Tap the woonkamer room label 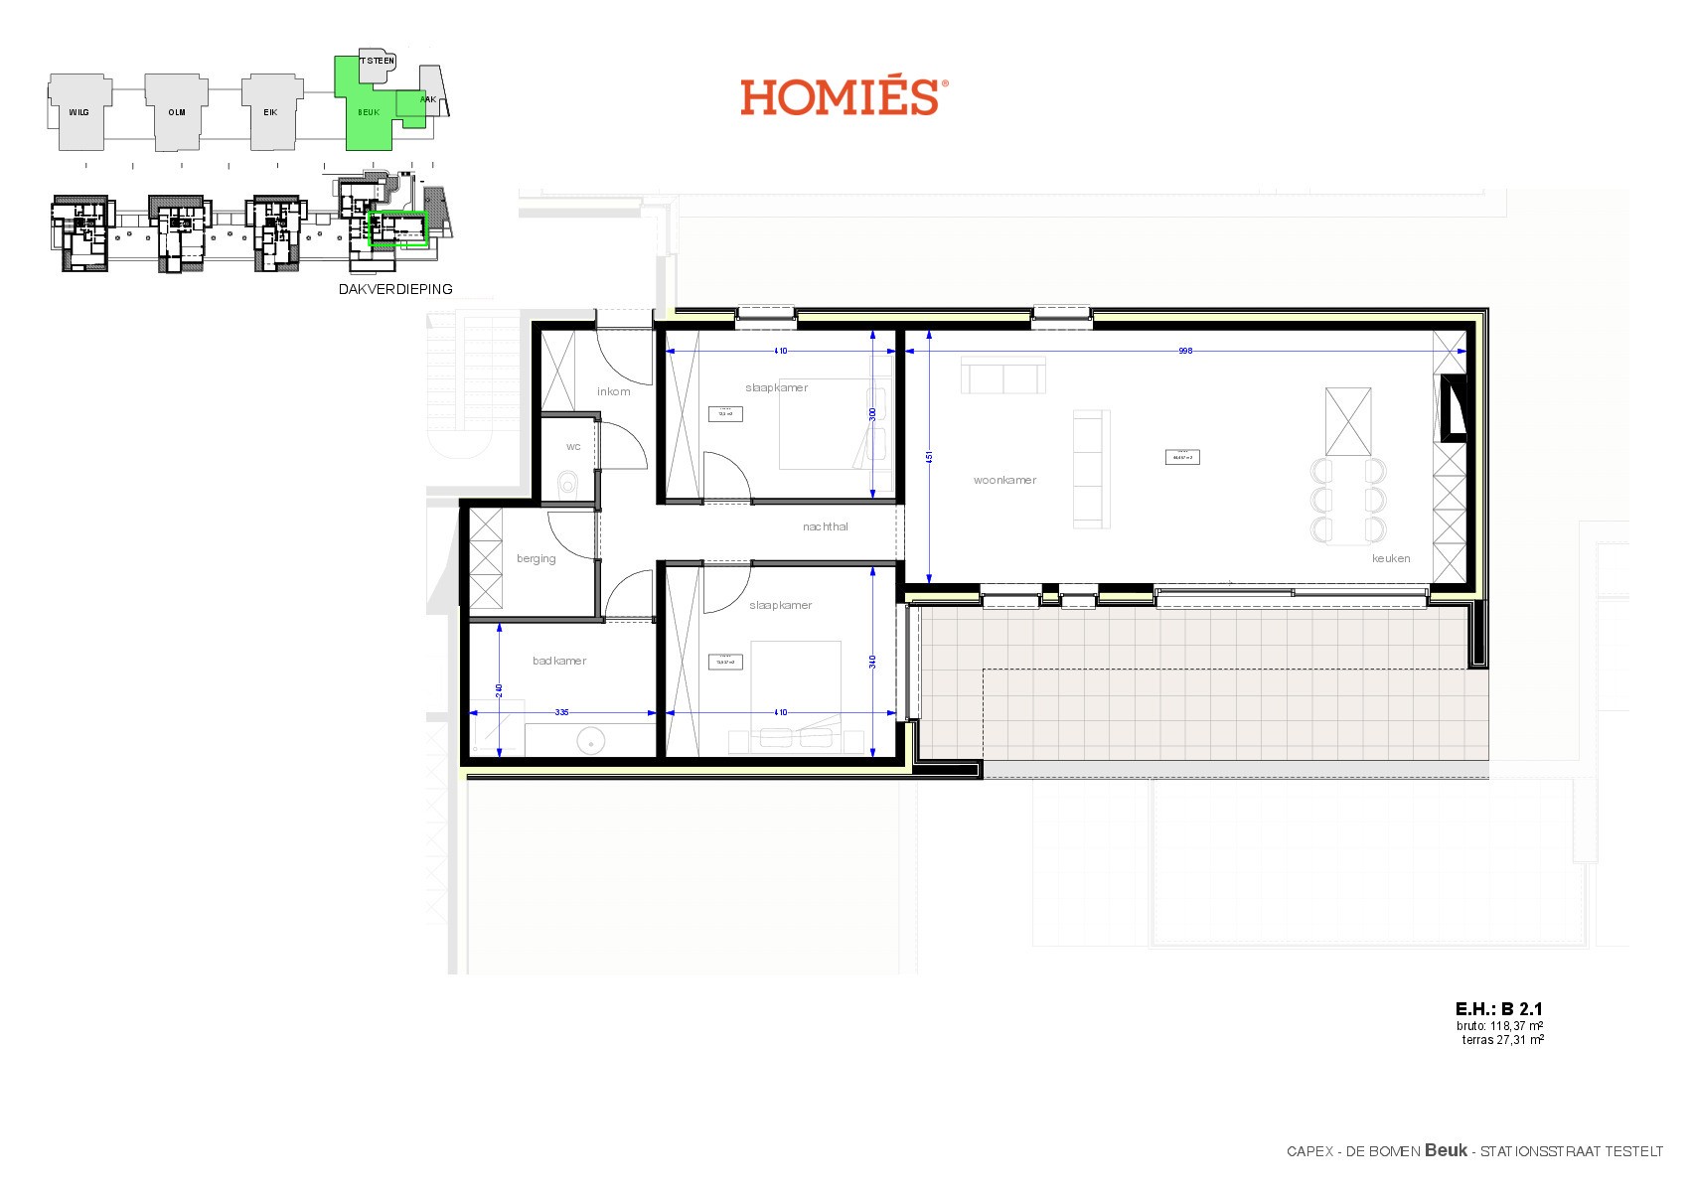click(1004, 480)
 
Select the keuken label click(1391, 558)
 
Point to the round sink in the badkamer click(591, 739)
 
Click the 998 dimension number click(1184, 351)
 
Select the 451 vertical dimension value click(929, 458)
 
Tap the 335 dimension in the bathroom click(562, 712)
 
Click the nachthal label click(825, 526)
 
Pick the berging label click(537, 558)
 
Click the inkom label click(613, 391)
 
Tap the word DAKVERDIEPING click(395, 289)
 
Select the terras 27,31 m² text click(1502, 1040)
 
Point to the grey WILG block click(78, 112)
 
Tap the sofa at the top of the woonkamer click(1003, 376)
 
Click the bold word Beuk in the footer click(1446, 1150)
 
